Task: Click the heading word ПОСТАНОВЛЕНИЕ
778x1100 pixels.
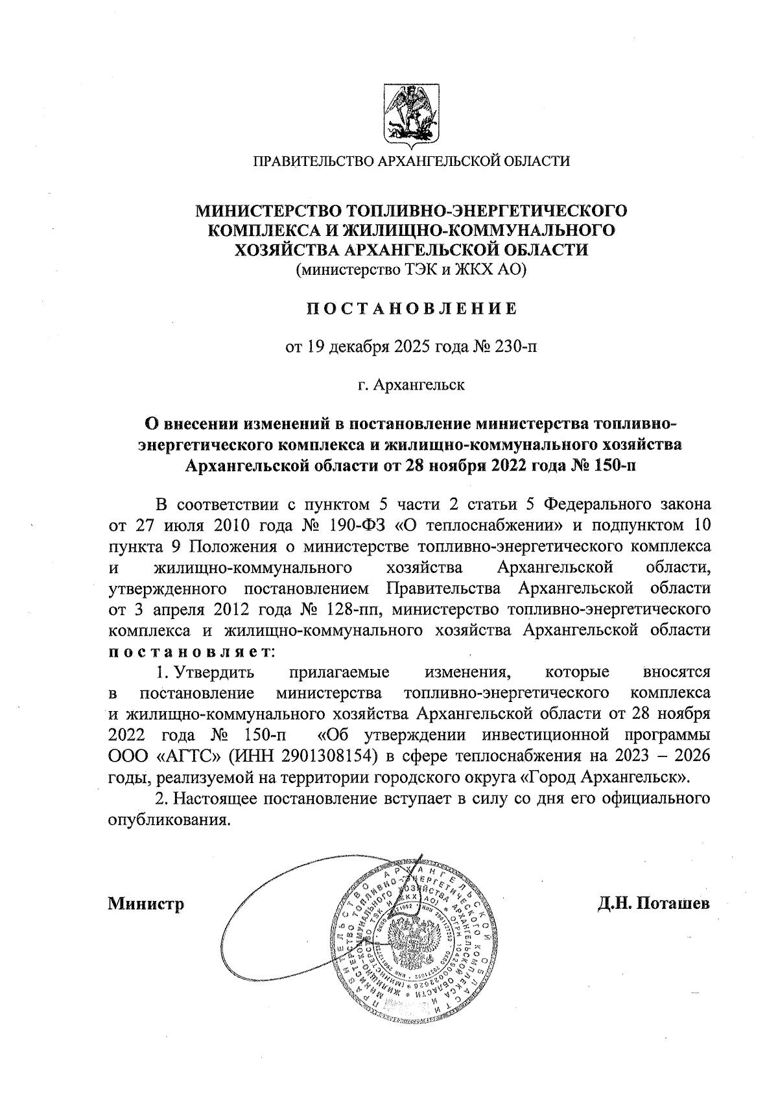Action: click(x=412, y=309)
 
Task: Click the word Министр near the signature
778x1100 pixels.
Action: click(x=146, y=903)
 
